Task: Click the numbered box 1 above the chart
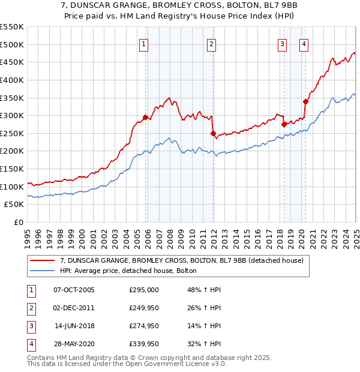point(145,43)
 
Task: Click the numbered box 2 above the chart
point(212,43)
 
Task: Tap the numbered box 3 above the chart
point(282,43)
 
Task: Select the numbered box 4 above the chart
point(304,43)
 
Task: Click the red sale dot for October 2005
point(145,117)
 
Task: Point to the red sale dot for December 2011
point(212,133)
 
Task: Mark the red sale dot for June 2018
point(284,124)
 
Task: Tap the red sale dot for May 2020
point(305,101)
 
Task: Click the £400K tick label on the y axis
point(12,80)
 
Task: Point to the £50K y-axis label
point(14,205)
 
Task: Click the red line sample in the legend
point(42,260)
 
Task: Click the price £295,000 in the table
point(144,290)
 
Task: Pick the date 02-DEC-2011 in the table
point(74,308)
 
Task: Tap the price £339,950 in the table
point(144,344)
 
